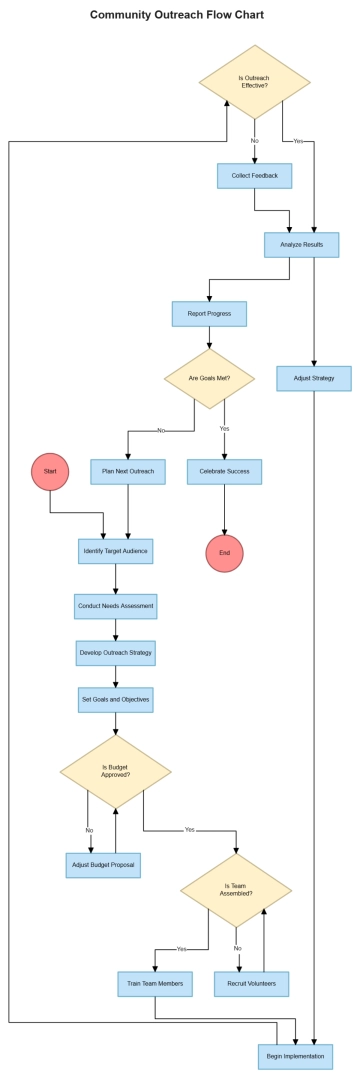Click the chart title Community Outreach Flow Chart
tap(177, 15)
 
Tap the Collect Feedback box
tap(254, 176)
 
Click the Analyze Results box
tap(301, 244)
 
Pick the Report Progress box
tap(209, 314)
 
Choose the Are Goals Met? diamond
tap(209, 379)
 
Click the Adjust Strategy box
tap(314, 379)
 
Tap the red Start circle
tap(50, 470)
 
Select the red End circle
tap(224, 552)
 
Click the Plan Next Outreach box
tap(128, 471)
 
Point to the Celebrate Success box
tap(224, 471)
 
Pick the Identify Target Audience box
tap(116, 551)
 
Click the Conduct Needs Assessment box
tap(116, 606)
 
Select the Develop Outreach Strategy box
tap(116, 653)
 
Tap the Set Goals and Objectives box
tap(116, 699)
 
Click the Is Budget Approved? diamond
tap(116, 773)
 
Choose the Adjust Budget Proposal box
tap(104, 864)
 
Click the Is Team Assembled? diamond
tap(237, 889)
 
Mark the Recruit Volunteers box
tap(251, 984)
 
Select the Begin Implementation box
tap(295, 1056)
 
